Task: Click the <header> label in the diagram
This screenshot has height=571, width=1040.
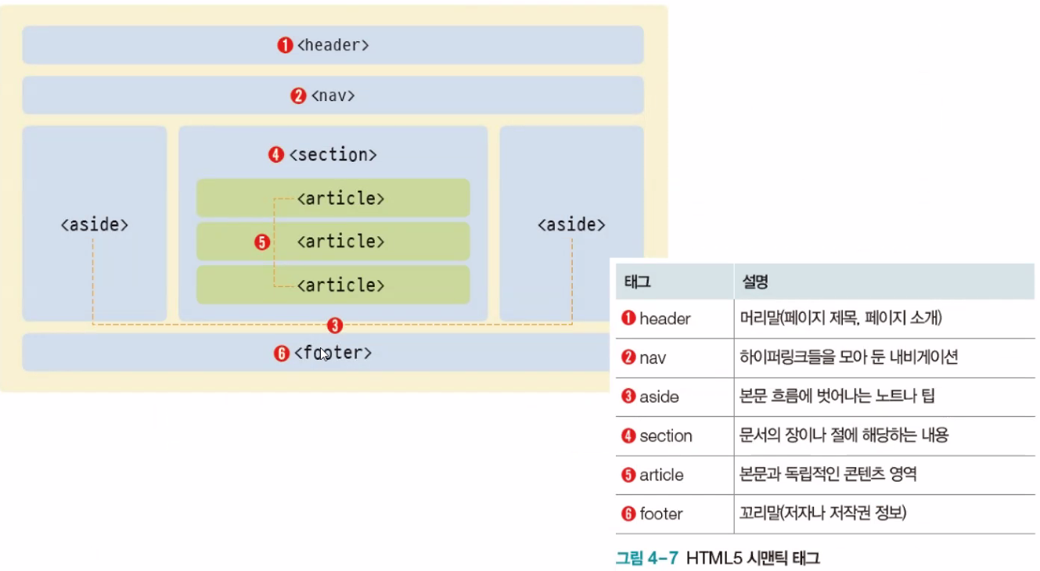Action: click(x=333, y=45)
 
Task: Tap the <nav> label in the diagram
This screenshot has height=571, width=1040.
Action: click(x=333, y=96)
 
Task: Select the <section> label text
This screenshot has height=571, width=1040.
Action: click(x=333, y=155)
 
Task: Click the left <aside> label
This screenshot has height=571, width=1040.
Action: click(x=94, y=224)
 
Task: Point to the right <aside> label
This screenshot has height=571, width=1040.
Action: click(x=571, y=224)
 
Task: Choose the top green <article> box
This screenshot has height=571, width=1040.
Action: click(x=333, y=198)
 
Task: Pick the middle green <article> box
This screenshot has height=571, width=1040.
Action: click(x=333, y=242)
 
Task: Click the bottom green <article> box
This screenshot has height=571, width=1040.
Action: click(x=333, y=285)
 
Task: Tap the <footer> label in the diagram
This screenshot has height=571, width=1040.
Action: click(x=333, y=354)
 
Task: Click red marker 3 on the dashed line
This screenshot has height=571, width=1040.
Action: click(x=335, y=325)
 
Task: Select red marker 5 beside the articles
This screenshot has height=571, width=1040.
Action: click(x=262, y=242)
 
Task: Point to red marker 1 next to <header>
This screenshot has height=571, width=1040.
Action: click(x=286, y=45)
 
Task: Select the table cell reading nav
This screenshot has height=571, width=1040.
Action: click(x=652, y=357)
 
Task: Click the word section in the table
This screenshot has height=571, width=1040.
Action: click(x=665, y=436)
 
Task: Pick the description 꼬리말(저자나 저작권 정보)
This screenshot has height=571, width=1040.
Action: click(x=822, y=514)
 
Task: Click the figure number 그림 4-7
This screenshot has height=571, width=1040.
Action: click(x=646, y=558)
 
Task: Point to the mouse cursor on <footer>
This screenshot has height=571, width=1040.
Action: click(x=323, y=354)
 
